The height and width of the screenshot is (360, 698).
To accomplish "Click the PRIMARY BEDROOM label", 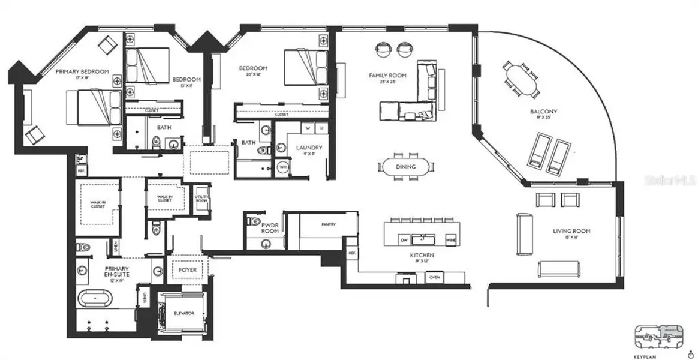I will pos(82,71).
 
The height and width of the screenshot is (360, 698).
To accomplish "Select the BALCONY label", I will pos(543,112).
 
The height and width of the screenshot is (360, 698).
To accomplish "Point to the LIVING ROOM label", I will pos(571,231).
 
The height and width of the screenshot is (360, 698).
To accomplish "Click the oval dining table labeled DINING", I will pos(405,167).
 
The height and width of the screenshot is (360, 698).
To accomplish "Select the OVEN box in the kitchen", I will pos(434,277).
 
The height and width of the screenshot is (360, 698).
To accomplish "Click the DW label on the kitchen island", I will pos(404,240).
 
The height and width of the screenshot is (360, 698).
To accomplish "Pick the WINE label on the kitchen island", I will pos(452,240).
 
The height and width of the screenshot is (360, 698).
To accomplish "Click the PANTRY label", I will pos(327,224).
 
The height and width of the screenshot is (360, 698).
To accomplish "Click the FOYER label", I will pos(187,270).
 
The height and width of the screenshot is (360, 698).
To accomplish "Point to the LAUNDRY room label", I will pos(309,148).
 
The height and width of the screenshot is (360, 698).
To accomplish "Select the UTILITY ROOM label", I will pos(201,198).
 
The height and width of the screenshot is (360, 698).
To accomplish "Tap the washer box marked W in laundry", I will pos(308,128).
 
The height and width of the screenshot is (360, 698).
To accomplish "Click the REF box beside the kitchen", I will pos(352,254).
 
